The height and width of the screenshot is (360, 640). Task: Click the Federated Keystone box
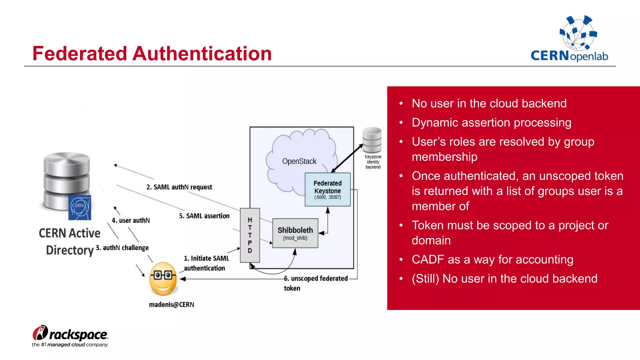pyautogui.click(x=327, y=189)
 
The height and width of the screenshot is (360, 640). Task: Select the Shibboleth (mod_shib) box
pyautogui.click(x=295, y=233)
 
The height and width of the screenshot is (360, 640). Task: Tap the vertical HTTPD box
pyautogui.click(x=250, y=235)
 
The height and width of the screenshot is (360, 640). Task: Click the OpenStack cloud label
pyautogui.click(x=299, y=161)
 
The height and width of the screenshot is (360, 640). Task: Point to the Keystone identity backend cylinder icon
pyautogui.click(x=372, y=140)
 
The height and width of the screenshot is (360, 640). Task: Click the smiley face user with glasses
pyautogui.click(x=163, y=278)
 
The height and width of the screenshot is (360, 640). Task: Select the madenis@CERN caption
pyautogui.click(x=171, y=304)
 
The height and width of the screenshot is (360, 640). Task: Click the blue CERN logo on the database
pyautogui.click(x=80, y=207)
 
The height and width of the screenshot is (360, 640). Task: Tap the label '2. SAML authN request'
pyautogui.click(x=179, y=187)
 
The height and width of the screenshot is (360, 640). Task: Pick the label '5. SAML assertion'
pyautogui.click(x=204, y=216)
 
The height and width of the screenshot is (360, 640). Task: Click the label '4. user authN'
pyautogui.click(x=131, y=220)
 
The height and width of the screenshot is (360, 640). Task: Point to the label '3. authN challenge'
pyautogui.click(x=122, y=248)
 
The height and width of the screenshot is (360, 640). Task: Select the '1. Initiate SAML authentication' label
pyautogui.click(x=206, y=263)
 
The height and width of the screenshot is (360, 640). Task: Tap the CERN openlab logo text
pyautogui.click(x=569, y=56)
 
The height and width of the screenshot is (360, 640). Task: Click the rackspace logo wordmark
pyautogui.click(x=78, y=335)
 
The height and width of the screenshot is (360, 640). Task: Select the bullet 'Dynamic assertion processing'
pyautogui.click(x=491, y=122)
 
